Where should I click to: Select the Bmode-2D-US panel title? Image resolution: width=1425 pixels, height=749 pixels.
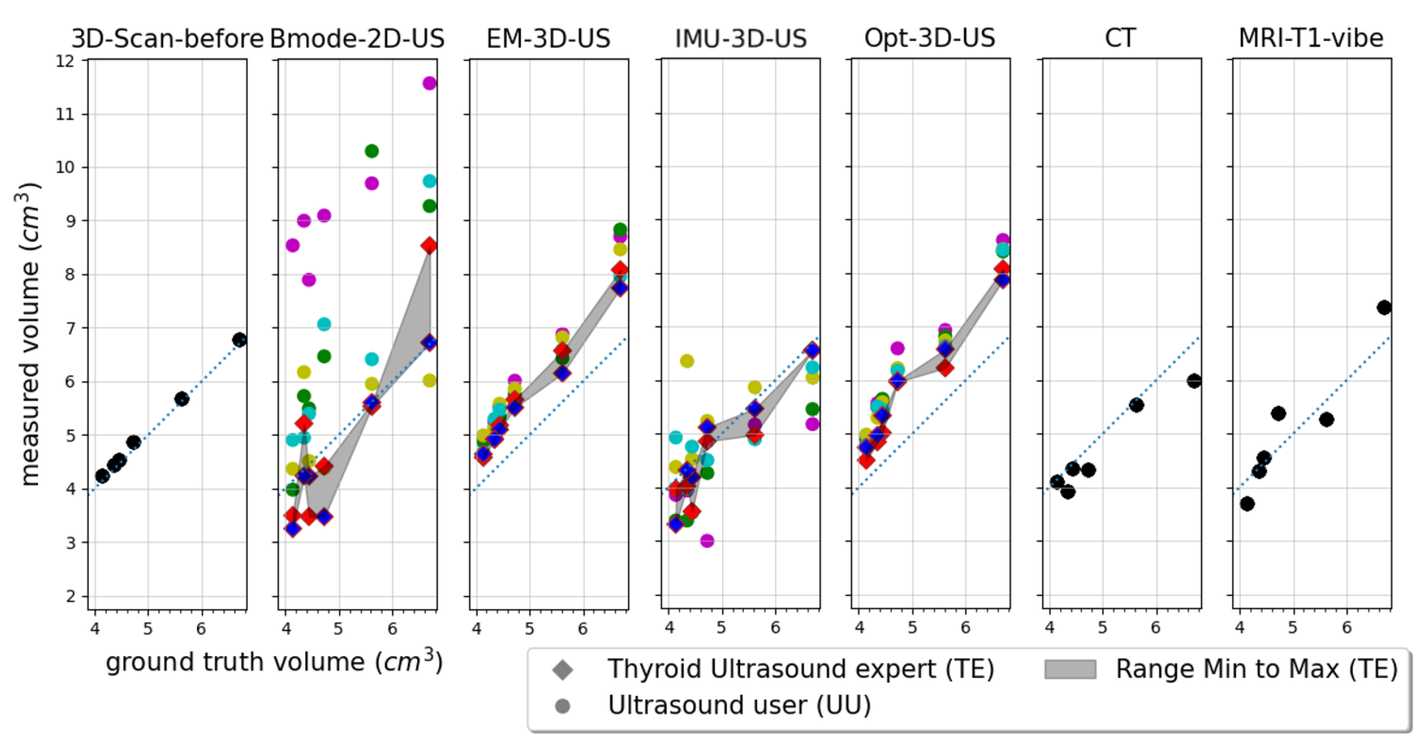coord(357,39)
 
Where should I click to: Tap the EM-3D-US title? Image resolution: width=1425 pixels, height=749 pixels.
coord(548,39)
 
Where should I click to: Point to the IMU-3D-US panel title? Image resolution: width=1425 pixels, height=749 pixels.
coord(741,39)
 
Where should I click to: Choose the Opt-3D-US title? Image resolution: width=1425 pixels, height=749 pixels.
coord(930,39)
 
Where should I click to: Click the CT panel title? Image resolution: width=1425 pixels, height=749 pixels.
coord(1121,39)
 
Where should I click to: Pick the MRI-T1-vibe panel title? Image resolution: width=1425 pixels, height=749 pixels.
coord(1311,39)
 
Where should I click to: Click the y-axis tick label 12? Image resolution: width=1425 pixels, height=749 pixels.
coord(65,60)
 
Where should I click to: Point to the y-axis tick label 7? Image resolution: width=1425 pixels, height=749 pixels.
coord(70,328)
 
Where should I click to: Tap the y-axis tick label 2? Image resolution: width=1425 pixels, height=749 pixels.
coord(70,596)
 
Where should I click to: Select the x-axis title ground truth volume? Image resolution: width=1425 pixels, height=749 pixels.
coord(274,662)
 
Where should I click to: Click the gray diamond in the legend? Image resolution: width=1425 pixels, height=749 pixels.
coord(563,670)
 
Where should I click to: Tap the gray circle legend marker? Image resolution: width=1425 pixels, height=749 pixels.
coord(563,706)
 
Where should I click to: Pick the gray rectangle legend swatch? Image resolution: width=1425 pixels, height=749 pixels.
coord(1070,669)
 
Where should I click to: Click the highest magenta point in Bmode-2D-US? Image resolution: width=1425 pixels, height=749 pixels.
coord(429,83)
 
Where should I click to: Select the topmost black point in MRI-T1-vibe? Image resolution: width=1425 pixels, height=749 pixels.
coord(1384,307)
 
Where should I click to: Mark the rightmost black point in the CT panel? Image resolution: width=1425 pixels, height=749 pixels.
coord(1194,381)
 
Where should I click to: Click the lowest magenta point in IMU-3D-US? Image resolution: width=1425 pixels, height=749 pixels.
coord(707,540)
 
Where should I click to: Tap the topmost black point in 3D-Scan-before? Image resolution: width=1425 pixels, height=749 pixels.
coord(239,339)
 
